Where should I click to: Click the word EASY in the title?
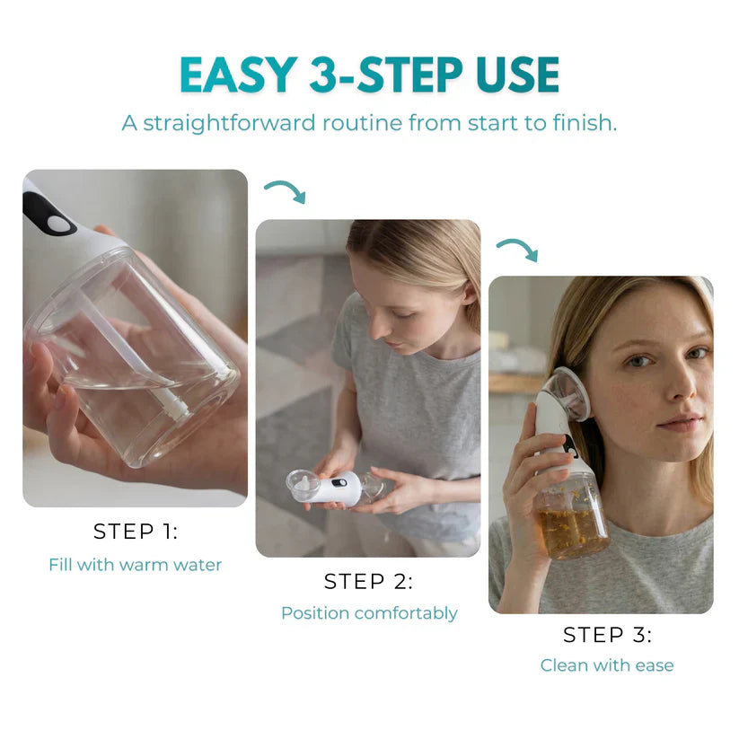[x=235, y=75]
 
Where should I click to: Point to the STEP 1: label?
[x=136, y=532]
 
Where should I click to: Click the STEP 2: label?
[x=368, y=582]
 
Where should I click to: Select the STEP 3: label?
[x=607, y=635]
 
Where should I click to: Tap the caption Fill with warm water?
[x=135, y=565]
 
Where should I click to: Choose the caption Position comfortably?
[x=369, y=613]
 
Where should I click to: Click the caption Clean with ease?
[x=607, y=665]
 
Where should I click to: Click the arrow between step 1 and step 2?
[x=285, y=190]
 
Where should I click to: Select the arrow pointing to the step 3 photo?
[x=517, y=249]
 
